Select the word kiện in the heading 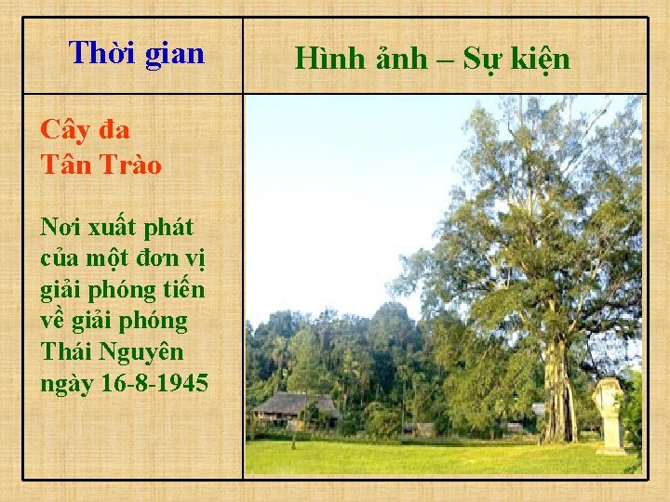[x=539, y=59]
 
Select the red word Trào [x=127, y=165]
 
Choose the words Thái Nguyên [x=112, y=352]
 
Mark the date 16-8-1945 [x=154, y=383]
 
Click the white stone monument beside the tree [x=610, y=414]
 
